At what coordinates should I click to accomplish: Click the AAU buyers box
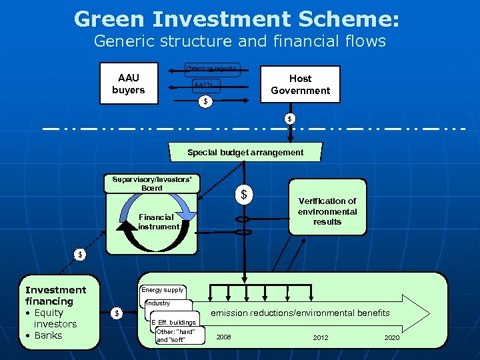pos(128,84)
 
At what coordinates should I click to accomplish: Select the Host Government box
pos(300,84)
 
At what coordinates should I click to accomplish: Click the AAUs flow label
pos(204,86)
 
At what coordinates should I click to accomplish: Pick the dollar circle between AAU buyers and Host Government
pos(205,101)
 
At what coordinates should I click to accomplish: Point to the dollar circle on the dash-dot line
pos(289,119)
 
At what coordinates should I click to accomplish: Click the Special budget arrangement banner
pos(245,153)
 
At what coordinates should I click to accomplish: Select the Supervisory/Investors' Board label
pos(152,183)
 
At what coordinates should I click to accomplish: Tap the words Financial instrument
pos(158,221)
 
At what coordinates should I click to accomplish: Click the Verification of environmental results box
pos(327,211)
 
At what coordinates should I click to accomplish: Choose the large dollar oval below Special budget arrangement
pos(244,195)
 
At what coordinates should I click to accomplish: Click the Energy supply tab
pos(162,290)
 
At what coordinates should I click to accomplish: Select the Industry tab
pos(158,303)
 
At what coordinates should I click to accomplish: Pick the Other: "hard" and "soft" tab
pos(176,335)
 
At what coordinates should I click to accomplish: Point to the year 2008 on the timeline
pos(223,337)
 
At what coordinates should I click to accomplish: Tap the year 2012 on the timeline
pos(321,337)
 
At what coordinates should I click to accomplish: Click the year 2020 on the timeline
pos(392,337)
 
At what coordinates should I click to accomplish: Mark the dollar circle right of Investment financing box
pos(117,313)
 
